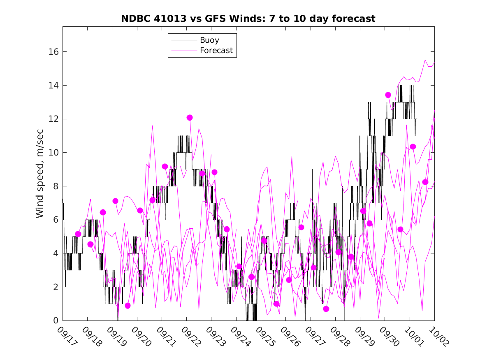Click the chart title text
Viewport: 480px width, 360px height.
tap(248, 19)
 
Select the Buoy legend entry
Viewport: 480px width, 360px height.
tap(209, 40)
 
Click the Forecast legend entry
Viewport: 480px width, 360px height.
tap(216, 51)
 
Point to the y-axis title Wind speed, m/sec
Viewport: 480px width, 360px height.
tap(39, 173)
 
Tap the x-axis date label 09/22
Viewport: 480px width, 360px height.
tap(192, 335)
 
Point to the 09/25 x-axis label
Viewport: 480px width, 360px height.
tap(266, 335)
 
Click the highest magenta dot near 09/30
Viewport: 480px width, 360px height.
tap(388, 95)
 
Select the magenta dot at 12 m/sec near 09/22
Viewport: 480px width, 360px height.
tap(190, 118)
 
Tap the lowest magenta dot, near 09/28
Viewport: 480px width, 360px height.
tap(326, 309)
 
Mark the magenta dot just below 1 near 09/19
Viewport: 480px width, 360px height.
tap(128, 306)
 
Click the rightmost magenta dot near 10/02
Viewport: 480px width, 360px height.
tap(425, 182)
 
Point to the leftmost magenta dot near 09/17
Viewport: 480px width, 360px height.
tap(78, 234)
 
